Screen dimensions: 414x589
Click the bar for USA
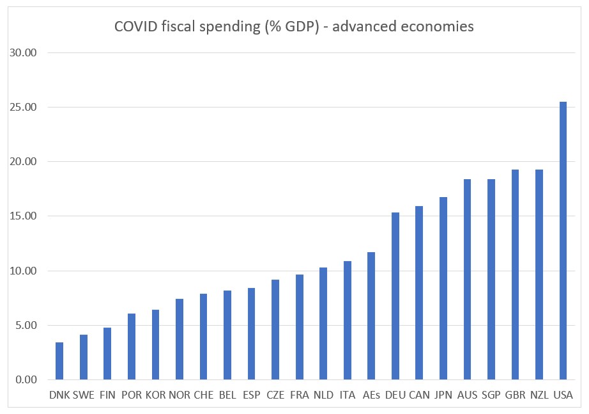coord(563,241)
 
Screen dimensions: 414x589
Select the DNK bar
coord(59,361)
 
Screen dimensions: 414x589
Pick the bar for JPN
coord(443,289)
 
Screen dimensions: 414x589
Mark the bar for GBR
coord(515,275)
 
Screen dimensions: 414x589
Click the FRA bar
coord(299,327)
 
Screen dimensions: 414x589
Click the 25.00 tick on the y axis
coord(24,107)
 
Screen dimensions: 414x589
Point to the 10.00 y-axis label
coord(24,271)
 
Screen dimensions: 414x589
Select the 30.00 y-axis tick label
coord(24,52)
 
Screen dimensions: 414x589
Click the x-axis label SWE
coord(84,395)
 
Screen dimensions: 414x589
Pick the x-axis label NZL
coord(539,395)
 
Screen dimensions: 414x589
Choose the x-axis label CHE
coord(203,395)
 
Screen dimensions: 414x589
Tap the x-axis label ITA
coord(348,395)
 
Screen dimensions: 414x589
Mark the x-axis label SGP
coord(491,395)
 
